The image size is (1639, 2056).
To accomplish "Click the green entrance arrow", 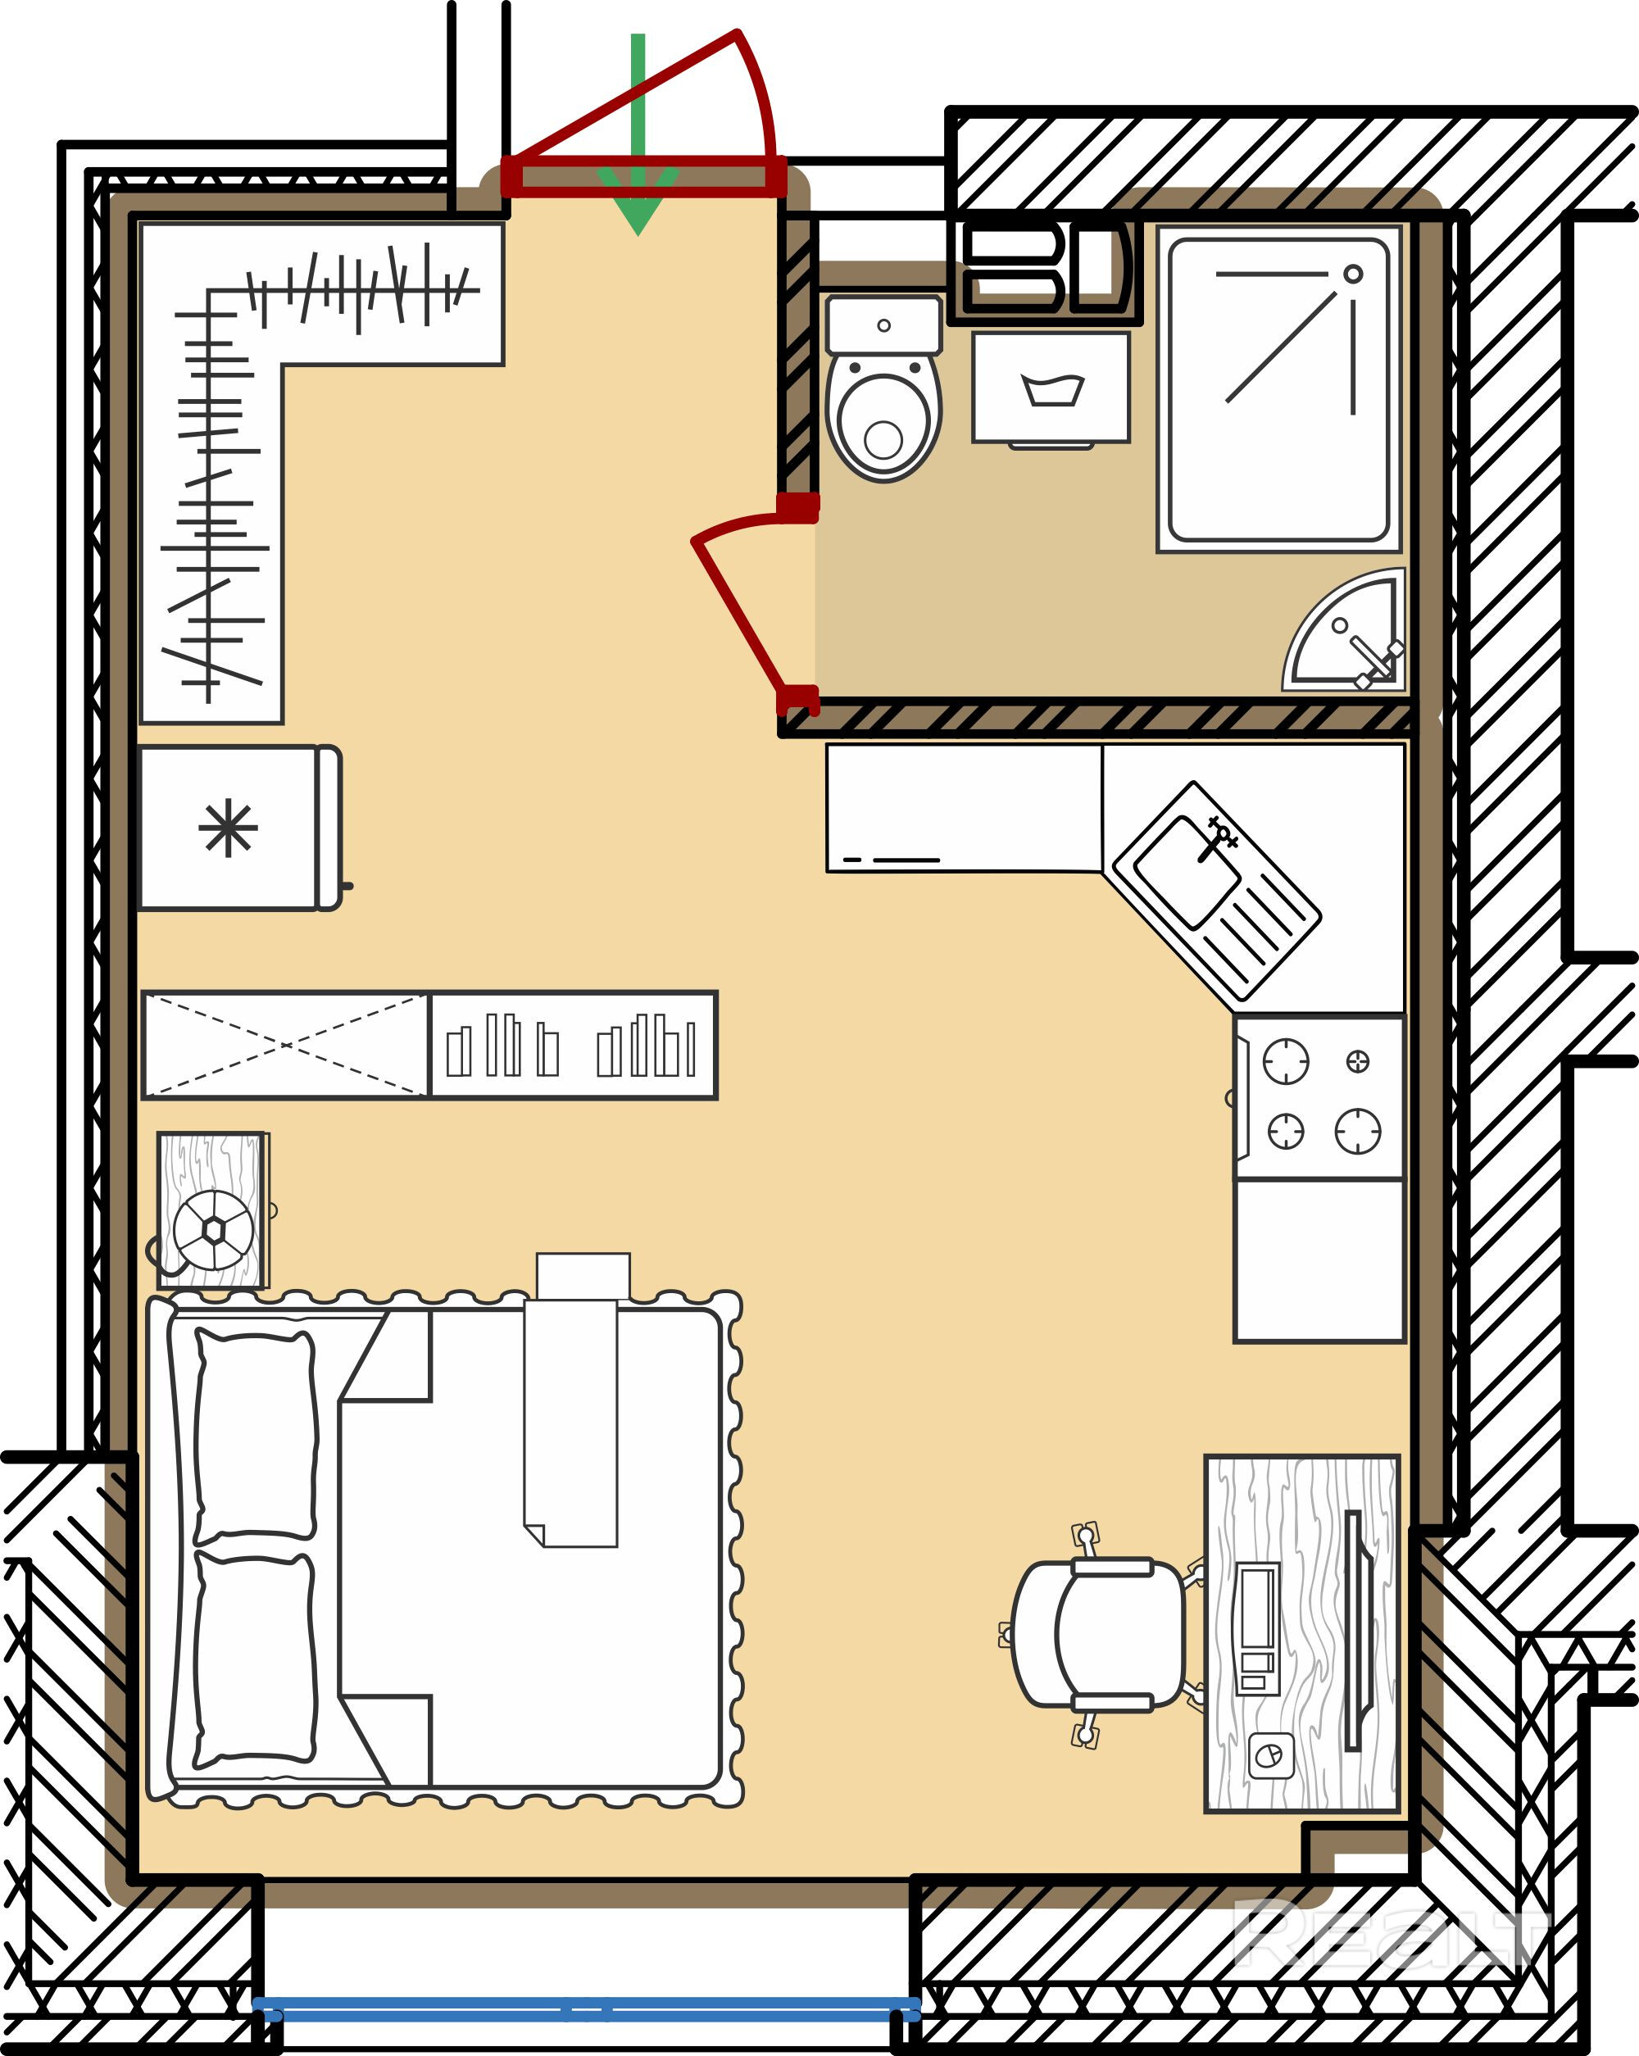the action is tap(638, 134).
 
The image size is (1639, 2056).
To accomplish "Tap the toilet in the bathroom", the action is tap(884, 388).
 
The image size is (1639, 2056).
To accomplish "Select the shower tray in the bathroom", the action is tap(1278, 389).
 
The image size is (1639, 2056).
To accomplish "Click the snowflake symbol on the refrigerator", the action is tap(229, 828).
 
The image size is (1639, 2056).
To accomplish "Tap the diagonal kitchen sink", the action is tap(1217, 896).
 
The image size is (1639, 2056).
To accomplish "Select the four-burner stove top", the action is tap(1319, 1097).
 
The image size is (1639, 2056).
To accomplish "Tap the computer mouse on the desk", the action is tap(1270, 1755).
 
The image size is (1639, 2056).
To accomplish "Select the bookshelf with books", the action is tap(573, 1045).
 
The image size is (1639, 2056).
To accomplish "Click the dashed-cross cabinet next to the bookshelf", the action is tap(286, 1045).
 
